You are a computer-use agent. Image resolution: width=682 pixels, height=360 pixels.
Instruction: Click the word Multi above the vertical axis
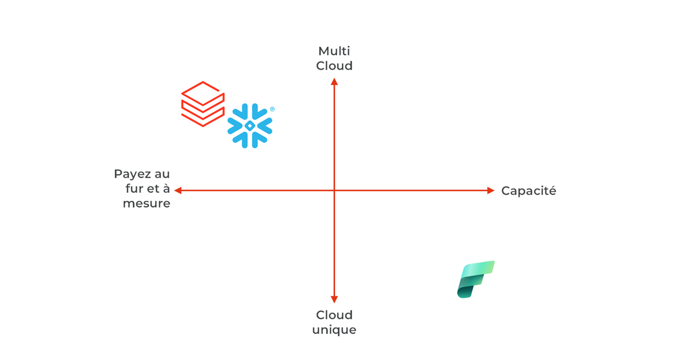tap(334, 51)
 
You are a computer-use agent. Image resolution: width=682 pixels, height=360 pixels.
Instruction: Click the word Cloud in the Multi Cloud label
tap(334, 66)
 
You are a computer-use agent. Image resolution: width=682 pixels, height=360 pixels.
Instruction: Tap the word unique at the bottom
tap(334, 330)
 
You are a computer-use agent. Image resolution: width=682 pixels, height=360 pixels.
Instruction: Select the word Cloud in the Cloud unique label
tap(334, 315)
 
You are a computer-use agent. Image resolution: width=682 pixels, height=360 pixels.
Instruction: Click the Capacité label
tap(529, 191)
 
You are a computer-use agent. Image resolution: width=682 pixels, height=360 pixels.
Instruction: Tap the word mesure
tap(147, 203)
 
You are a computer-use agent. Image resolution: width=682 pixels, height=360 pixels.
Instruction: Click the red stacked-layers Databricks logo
tap(202, 104)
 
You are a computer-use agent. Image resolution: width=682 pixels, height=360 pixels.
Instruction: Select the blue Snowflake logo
tap(250, 126)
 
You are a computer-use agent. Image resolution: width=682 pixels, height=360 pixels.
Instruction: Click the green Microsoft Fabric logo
tap(475, 279)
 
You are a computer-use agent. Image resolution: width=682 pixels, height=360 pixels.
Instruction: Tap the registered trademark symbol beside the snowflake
tap(272, 109)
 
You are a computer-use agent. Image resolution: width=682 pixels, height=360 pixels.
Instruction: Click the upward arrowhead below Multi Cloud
tap(334, 81)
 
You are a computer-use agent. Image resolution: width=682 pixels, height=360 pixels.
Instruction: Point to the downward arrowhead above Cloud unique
tap(334, 299)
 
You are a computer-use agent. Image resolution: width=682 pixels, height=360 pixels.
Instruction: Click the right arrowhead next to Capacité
tap(491, 191)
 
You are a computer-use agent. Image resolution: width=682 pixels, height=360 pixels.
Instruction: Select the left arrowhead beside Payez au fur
tap(178, 191)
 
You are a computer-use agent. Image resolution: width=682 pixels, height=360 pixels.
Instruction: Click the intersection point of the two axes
tap(334, 191)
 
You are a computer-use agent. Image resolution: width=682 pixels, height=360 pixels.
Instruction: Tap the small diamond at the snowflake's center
tap(250, 126)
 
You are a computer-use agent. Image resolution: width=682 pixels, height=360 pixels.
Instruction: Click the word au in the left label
tap(161, 174)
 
